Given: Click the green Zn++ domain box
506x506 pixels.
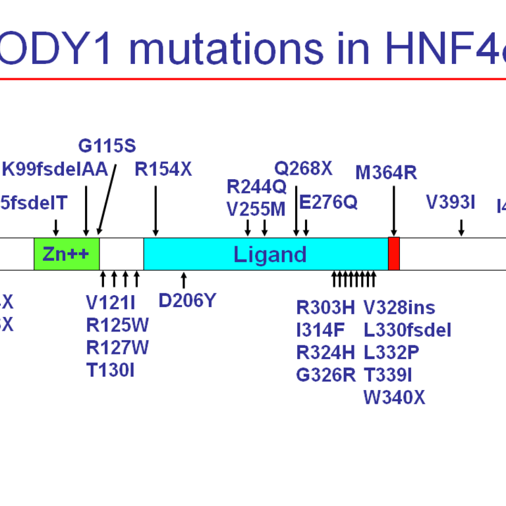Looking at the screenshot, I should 67,254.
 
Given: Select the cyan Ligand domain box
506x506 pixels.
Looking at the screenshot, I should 266,254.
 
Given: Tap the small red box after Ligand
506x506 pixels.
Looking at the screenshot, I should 393,254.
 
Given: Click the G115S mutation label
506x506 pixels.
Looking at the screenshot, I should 107,146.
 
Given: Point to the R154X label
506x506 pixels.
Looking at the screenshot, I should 163,169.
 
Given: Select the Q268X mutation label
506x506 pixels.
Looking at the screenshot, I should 303,168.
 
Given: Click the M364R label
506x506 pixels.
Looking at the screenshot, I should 386,173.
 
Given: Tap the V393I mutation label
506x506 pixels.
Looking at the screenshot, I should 451,202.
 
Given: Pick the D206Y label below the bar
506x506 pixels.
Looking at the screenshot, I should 187,300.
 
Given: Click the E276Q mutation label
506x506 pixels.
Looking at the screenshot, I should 328,202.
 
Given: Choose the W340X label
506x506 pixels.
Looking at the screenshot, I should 394,397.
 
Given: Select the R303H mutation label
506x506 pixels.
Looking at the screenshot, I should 325,307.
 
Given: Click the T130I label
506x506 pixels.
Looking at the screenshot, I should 110,370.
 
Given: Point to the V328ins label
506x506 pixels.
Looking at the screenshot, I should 399,307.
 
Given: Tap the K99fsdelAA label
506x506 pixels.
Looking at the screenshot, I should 55,169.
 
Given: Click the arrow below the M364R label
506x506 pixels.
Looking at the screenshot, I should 393,210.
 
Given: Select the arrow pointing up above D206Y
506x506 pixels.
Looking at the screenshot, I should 184,279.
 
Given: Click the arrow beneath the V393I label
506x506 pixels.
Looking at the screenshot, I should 461,227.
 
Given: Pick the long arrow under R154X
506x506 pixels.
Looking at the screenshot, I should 155,210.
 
